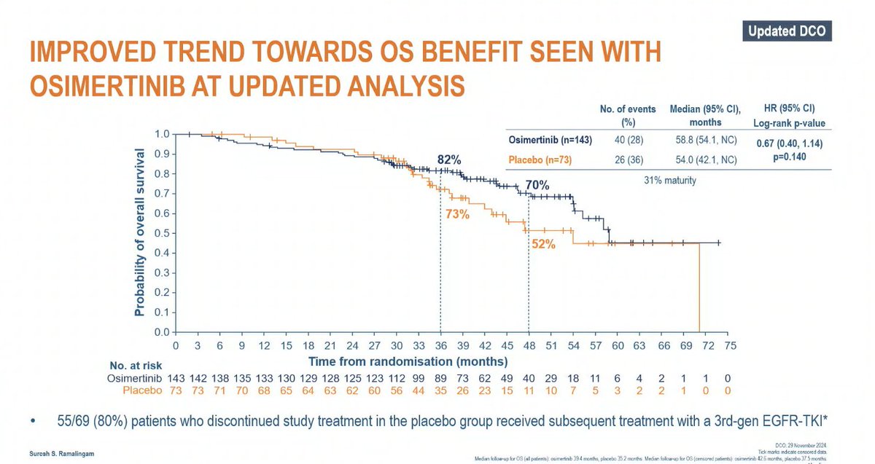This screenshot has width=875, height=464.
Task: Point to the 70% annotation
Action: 537,185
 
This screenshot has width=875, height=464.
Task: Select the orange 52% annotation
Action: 543,245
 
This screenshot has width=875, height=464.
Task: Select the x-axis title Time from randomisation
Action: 408,361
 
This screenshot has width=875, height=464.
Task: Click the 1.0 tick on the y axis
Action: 162,134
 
